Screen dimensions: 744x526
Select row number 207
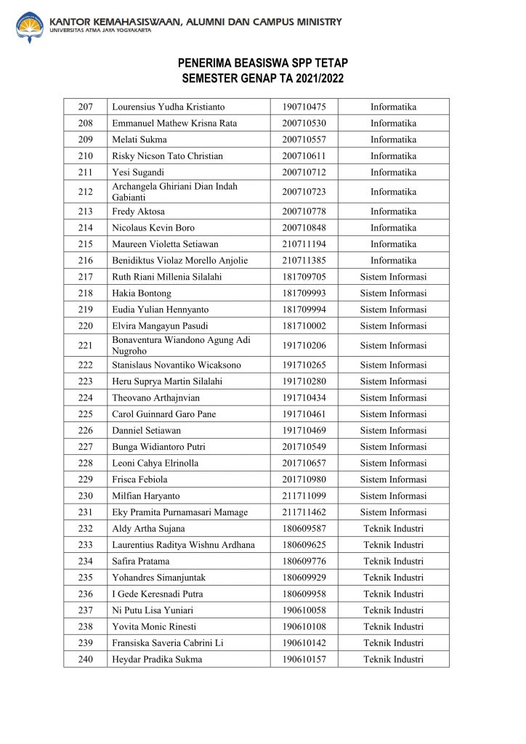click(85, 107)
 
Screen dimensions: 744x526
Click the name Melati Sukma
click(139, 139)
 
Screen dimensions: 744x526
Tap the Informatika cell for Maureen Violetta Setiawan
click(393, 244)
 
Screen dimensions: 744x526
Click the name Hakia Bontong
click(142, 293)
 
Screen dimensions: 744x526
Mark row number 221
click(85, 345)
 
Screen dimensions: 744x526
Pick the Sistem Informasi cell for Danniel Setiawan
click(393, 430)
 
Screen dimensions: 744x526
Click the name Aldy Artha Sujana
click(148, 528)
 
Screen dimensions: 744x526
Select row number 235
click(85, 578)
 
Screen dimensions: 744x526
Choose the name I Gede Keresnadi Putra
click(157, 594)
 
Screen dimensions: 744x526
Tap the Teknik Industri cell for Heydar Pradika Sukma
click(393, 659)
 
